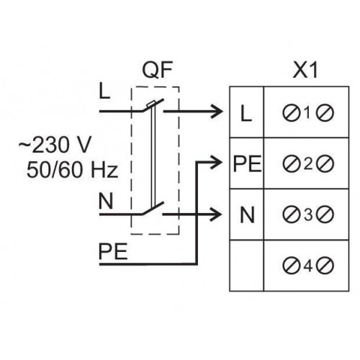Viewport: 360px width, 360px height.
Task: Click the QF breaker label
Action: click(x=158, y=70)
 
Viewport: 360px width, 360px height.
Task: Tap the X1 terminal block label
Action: click(x=305, y=70)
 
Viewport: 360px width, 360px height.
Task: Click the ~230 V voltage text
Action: click(x=55, y=145)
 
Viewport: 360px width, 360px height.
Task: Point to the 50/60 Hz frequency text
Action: click(x=72, y=169)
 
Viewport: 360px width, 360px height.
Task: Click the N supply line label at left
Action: click(x=106, y=202)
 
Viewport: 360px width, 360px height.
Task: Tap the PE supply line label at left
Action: click(x=113, y=251)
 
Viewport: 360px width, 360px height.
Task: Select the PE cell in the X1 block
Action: click(x=247, y=163)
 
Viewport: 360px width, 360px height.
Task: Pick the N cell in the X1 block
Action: click(x=247, y=215)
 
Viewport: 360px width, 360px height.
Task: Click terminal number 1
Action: click(x=308, y=113)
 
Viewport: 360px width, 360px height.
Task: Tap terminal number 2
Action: click(x=308, y=164)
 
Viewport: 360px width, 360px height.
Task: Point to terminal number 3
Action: click(x=308, y=215)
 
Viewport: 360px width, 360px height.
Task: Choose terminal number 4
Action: click(x=308, y=266)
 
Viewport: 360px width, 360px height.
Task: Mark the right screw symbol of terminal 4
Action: click(x=325, y=266)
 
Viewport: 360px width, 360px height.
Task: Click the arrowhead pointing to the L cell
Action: click(x=217, y=111)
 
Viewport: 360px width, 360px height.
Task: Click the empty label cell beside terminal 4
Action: click(x=246, y=266)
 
